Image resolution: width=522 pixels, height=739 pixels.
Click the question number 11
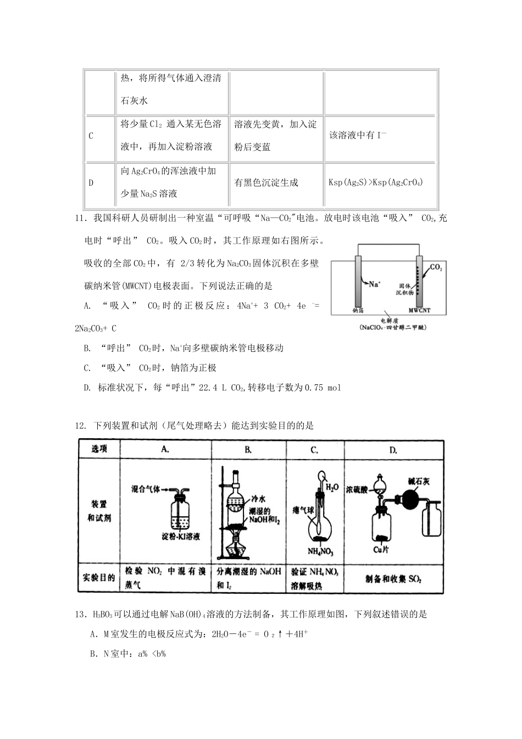pos(80,218)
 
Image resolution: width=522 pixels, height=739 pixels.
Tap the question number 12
pos(80,426)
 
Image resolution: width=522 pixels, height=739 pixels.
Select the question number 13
pos(80,614)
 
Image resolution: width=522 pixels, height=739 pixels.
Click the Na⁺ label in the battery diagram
pos(374,284)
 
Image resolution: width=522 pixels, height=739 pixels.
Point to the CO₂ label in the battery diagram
pos(436,268)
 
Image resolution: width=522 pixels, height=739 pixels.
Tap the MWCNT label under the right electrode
pos(420,310)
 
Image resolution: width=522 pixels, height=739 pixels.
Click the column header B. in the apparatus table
pos(248,450)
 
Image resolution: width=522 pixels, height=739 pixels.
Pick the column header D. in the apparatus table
pos(393,450)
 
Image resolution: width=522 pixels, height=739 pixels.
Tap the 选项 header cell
pos(99,449)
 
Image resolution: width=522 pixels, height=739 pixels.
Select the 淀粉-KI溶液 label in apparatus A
pos(181,536)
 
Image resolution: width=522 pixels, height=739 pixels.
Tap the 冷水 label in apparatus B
pos(258,499)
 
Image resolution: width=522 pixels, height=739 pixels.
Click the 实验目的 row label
pos(99,578)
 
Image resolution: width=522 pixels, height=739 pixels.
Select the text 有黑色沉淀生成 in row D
pos(266,183)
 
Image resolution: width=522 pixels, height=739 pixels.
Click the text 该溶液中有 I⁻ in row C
pos(358,135)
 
